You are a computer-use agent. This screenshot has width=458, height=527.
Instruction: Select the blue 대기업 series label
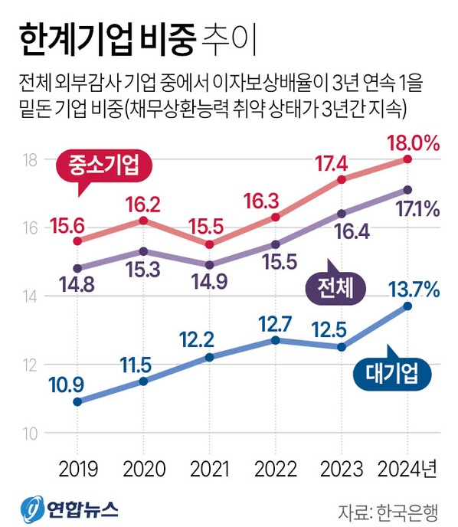(x=391, y=373)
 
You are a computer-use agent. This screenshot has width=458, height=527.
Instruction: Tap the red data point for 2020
(x=143, y=221)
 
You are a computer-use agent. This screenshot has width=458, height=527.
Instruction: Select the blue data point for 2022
(x=276, y=339)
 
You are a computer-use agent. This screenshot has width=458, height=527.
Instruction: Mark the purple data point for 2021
(x=209, y=264)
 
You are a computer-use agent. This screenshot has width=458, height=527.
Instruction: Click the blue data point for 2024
(x=407, y=306)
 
